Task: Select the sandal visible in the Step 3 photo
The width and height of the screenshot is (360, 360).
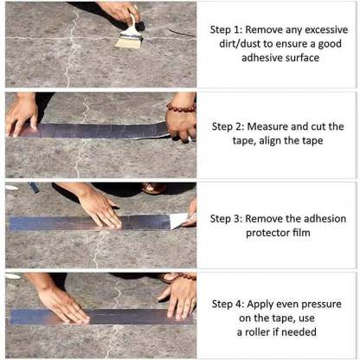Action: coord(154,188)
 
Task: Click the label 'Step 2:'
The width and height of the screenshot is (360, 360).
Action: coord(230,126)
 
